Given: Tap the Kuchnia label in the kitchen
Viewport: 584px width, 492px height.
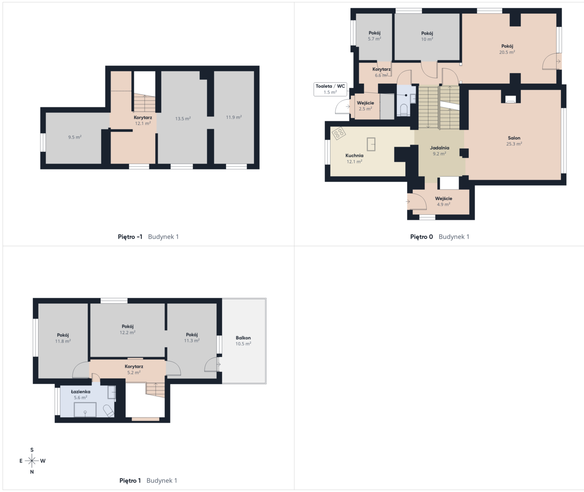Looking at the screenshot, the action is pos(354,155).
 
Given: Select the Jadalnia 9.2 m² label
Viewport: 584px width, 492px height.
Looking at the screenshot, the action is pos(439,150).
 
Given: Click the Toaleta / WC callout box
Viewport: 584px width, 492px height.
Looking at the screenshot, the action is pos(330,89).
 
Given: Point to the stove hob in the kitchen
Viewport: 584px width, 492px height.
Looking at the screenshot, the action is pos(339,133).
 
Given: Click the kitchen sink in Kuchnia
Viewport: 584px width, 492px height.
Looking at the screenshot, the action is pos(371,144).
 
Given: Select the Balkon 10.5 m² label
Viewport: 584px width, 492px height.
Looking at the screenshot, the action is pos(243,341).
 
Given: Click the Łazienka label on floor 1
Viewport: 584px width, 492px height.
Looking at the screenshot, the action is pos(81,392).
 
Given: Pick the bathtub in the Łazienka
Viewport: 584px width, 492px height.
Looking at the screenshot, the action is pos(85,410).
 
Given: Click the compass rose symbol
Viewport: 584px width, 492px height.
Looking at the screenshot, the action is pos(32,461).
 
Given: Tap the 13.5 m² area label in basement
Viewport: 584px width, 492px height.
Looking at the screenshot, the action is pos(183,118).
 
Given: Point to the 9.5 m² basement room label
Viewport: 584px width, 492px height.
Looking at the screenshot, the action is pos(75,137).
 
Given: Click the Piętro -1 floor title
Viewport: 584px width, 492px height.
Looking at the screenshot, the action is pos(130,237).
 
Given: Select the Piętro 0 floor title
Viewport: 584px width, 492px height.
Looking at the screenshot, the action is pos(421,237).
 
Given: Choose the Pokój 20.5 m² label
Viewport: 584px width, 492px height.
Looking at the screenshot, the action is pos(507,49).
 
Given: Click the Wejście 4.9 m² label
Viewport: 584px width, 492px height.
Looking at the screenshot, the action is pos(444,201).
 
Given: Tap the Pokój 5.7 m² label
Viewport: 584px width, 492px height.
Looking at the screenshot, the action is pos(374,36).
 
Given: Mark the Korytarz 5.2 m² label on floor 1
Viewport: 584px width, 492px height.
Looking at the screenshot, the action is pos(134,369).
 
